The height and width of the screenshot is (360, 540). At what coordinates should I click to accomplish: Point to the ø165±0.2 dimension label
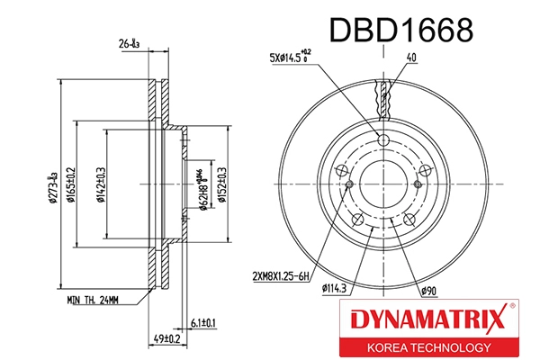[71, 186]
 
